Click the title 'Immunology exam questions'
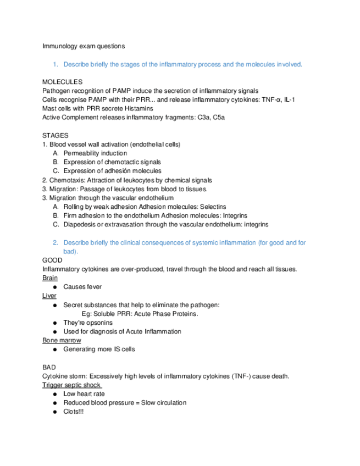[x=84, y=46]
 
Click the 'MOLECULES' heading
[x=62, y=82]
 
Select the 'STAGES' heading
[x=55, y=135]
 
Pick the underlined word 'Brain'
[x=49, y=278]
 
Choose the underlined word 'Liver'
[x=49, y=296]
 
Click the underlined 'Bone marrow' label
[x=61, y=340]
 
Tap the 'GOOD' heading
[x=52, y=260]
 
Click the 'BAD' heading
[x=49, y=367]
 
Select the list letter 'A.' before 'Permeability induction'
[x=56, y=153]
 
